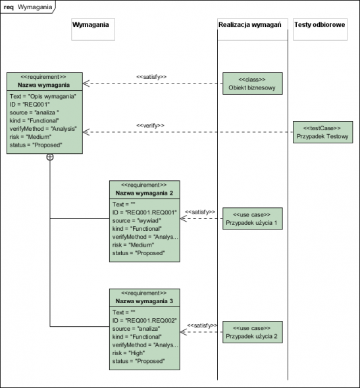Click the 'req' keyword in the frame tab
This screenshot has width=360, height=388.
pyautogui.click(x=9, y=7)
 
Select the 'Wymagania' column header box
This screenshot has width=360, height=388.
pyautogui.click(x=93, y=30)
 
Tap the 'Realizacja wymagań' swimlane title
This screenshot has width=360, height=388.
pyautogui.click(x=250, y=25)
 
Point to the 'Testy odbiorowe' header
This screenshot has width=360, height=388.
pyautogui.click(x=320, y=25)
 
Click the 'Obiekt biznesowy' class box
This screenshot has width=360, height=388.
pyautogui.click(x=253, y=84)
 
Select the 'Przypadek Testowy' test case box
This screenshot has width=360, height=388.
pyautogui.click(x=323, y=132)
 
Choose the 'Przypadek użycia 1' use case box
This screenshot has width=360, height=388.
pyautogui.click(x=253, y=218)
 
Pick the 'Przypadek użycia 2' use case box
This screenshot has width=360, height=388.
pyautogui.click(x=253, y=332)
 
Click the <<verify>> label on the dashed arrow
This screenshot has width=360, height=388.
pyautogui.click(x=150, y=126)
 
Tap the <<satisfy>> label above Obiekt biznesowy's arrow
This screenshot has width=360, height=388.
pyautogui.click(x=151, y=77)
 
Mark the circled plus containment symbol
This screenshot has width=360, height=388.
pyautogui.click(x=50, y=157)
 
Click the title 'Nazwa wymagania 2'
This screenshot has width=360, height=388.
pyautogui.click(x=144, y=193)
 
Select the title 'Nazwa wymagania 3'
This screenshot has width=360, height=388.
pyautogui.click(x=144, y=301)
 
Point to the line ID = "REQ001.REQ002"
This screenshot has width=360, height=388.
pyautogui.click(x=145, y=320)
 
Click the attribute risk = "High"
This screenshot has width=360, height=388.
pyautogui.click(x=129, y=353)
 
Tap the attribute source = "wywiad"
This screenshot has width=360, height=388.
pyautogui.click(x=137, y=220)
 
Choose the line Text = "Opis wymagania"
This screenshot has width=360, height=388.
pyautogui.click(x=43, y=96)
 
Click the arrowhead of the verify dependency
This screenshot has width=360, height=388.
pyautogui.click(x=86, y=132)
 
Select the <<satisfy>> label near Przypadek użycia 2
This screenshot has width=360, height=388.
pyautogui.click(x=202, y=326)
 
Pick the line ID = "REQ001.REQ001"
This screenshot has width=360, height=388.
pyautogui.click(x=145, y=212)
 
